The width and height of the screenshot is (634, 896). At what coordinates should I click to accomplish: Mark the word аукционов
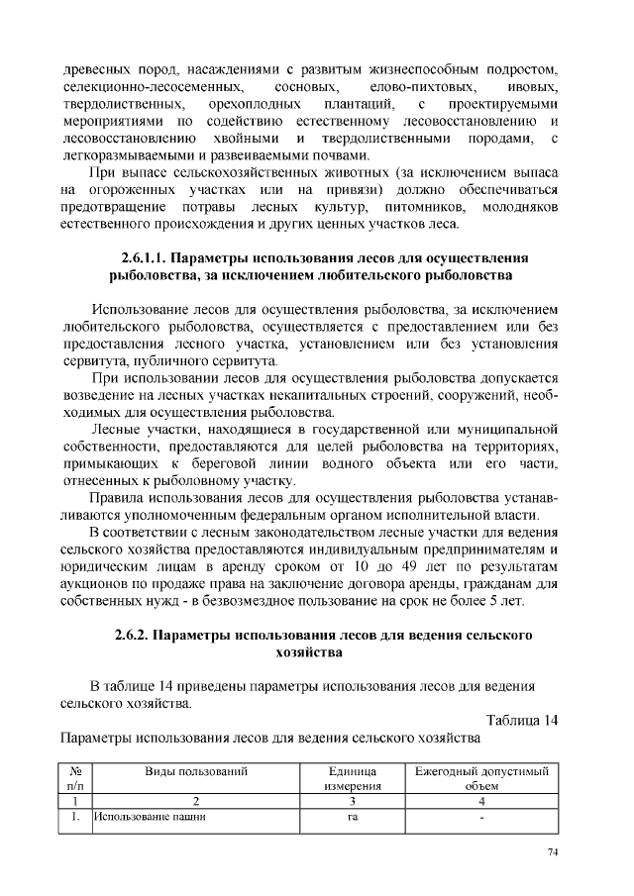(96, 584)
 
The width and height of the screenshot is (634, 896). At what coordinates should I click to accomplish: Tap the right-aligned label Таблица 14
(523, 720)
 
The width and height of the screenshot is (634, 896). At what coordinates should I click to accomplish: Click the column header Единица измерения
(352, 777)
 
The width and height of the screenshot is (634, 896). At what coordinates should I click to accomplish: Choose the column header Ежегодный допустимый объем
(481, 777)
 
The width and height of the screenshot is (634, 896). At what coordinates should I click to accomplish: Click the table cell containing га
(352, 818)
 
